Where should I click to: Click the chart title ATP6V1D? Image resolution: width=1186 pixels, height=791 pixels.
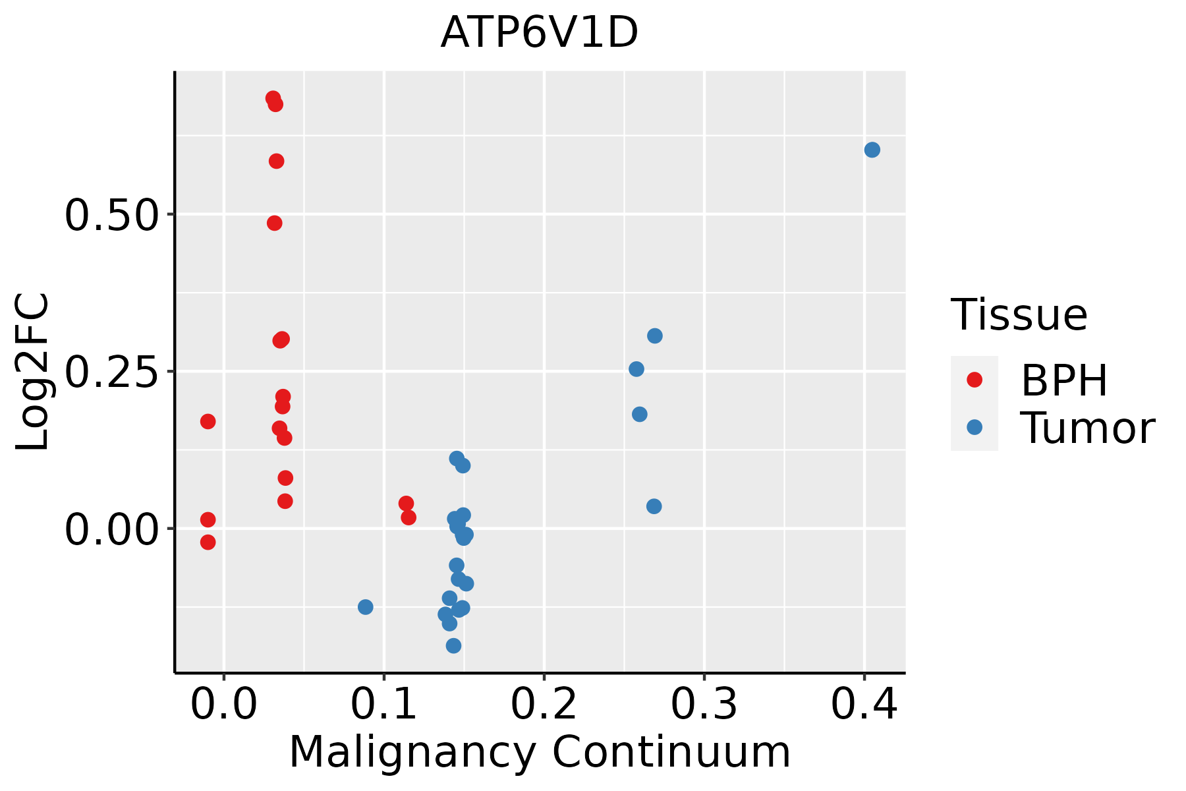click(539, 33)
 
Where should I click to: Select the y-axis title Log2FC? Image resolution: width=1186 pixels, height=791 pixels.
click(32, 372)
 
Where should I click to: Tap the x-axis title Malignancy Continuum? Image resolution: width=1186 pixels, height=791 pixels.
click(539, 752)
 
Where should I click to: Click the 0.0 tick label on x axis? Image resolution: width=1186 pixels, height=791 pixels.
click(224, 705)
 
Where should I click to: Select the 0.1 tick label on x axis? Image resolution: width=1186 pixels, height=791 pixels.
click(384, 705)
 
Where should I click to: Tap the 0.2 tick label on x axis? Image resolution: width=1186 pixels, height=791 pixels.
click(544, 705)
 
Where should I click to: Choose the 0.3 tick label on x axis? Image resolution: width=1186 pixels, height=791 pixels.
click(704, 705)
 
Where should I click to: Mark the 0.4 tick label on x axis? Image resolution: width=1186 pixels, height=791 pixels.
click(864, 705)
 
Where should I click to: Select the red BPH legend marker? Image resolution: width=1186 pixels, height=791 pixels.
click(974, 379)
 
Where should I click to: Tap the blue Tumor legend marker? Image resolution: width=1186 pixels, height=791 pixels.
click(974, 427)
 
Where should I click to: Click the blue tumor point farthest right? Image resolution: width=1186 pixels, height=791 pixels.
click(872, 150)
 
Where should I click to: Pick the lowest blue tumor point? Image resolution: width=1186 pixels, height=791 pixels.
click(453, 645)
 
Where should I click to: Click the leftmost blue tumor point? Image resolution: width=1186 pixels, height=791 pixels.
click(366, 606)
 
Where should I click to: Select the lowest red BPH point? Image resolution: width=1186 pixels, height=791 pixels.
click(208, 542)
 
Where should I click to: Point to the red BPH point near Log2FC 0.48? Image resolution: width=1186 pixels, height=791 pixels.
click(275, 223)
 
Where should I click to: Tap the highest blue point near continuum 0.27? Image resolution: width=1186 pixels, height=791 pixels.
click(654, 336)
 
